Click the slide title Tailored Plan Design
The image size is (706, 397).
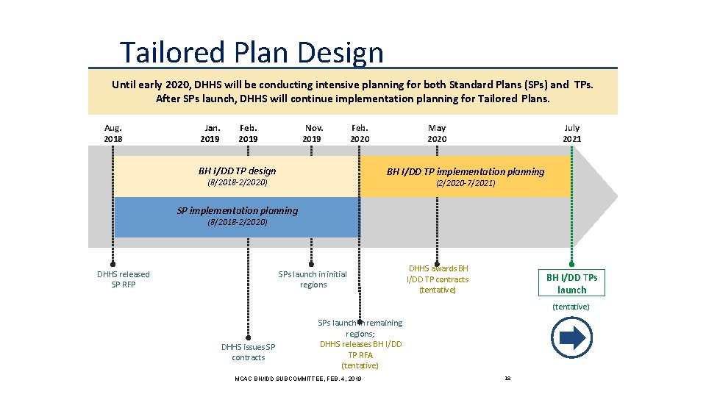252,53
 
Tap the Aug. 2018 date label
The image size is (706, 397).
113,133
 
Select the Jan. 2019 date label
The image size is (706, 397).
210,133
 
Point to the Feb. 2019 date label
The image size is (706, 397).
249,133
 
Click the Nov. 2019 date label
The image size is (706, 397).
312,133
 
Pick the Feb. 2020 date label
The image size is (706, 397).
360,133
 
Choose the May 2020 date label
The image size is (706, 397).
437,133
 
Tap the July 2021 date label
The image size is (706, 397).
571,133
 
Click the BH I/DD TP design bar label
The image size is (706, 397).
238,171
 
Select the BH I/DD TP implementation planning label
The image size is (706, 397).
466,171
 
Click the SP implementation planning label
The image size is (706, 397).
238,210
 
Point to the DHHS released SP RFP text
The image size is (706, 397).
124,279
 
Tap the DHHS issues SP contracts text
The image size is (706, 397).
249,352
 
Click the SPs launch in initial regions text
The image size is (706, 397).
313,279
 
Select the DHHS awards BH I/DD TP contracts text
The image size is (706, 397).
438,279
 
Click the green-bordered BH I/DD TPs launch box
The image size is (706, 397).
571,283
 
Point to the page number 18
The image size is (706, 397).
507,378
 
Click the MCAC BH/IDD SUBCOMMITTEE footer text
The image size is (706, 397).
298,378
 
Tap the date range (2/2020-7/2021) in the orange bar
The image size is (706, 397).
466,183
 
